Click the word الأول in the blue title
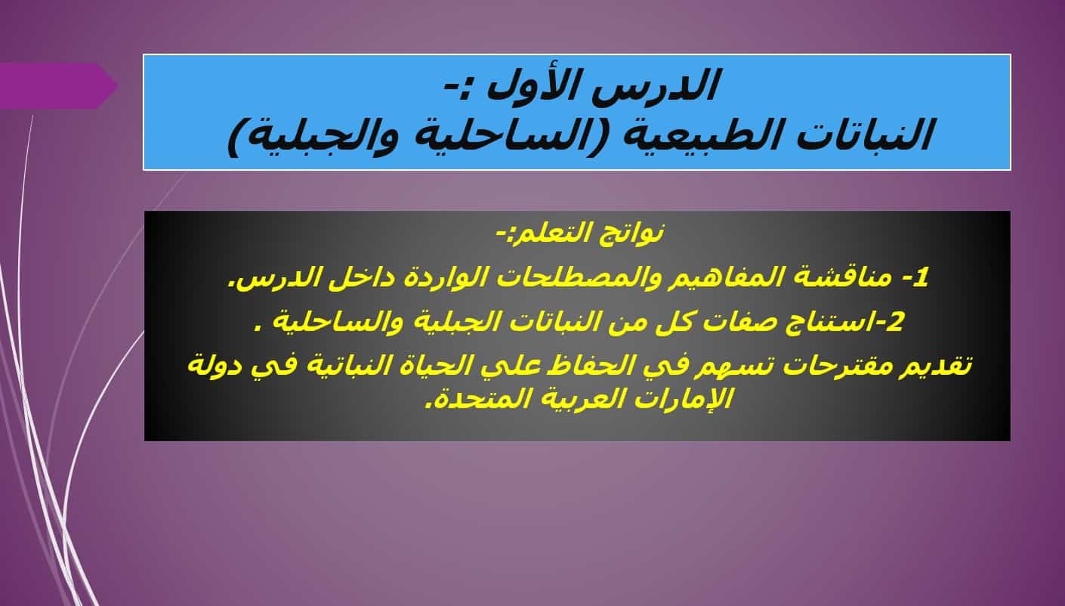point(538,85)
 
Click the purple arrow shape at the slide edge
point(58,85)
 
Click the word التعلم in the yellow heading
point(548,233)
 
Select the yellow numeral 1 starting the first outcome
point(921,277)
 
